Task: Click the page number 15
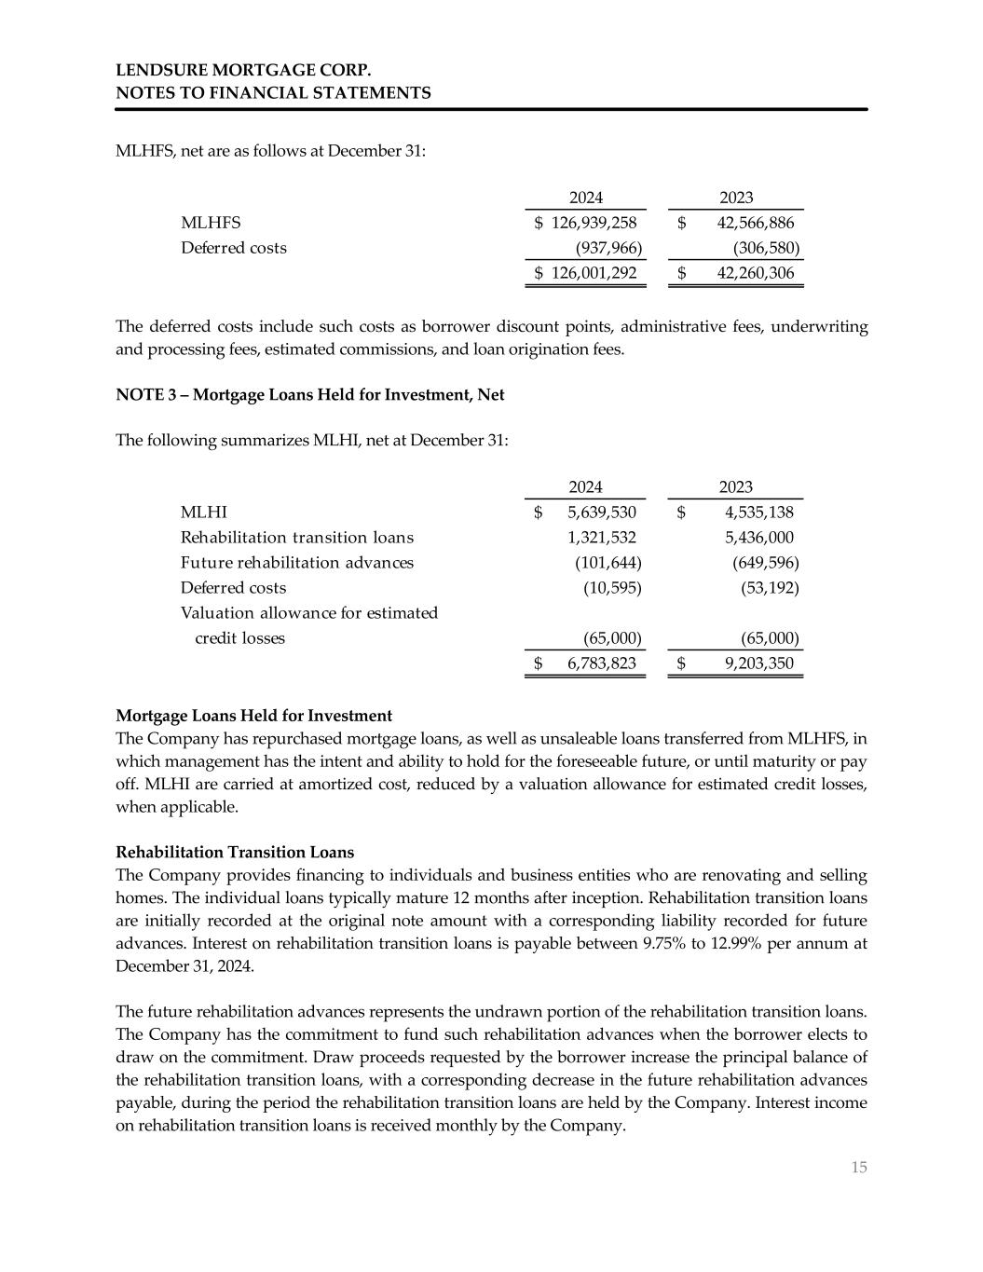click(858, 1168)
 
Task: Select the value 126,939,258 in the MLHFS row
click(594, 223)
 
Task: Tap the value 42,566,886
click(755, 223)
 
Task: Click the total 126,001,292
click(594, 273)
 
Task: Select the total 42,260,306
click(755, 273)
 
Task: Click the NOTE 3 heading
click(309, 395)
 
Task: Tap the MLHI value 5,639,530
click(601, 513)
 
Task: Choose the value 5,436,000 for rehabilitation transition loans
click(758, 538)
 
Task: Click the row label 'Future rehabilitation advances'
click(296, 563)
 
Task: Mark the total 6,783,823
click(601, 663)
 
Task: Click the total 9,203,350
click(758, 663)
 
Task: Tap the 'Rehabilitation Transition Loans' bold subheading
click(235, 853)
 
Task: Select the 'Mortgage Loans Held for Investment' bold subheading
click(253, 716)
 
